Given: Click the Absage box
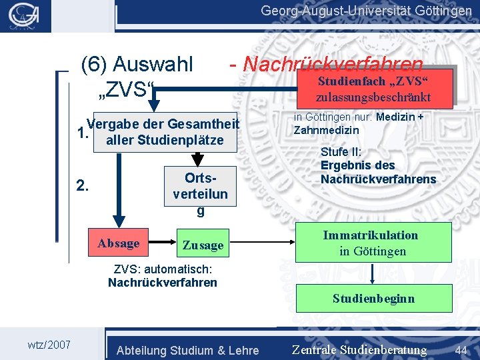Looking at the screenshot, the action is coord(119,243).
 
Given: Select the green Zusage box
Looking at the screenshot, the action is coord(203,245).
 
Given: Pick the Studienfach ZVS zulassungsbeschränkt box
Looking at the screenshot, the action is coord(373,89).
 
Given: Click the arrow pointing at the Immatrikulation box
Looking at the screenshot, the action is coord(286,243).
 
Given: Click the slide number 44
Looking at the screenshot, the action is coord(461,349).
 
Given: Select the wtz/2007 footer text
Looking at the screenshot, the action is coord(49,345).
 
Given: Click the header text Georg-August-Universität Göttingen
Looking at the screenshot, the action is coord(367,11).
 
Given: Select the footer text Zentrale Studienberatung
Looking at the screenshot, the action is coord(359,350).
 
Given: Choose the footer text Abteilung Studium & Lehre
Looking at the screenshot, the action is coord(187,350).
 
